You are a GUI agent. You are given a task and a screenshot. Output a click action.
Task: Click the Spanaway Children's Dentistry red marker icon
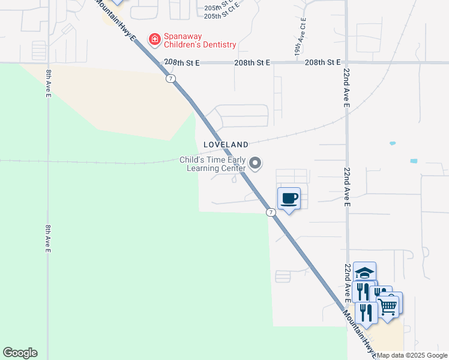[154, 40]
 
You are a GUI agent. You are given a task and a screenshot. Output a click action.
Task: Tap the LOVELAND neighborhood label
[226, 145]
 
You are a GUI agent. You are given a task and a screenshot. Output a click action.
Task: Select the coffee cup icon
[289, 198]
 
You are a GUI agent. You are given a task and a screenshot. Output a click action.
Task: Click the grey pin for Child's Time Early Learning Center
[256, 163]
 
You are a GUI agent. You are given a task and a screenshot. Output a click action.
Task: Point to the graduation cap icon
[364, 272]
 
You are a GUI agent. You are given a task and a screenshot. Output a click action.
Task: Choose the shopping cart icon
[388, 305]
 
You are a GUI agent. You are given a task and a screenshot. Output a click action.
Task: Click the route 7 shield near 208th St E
[171, 79]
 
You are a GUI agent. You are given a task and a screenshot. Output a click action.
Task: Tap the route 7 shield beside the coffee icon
[271, 212]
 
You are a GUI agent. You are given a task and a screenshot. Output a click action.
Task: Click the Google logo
[20, 353]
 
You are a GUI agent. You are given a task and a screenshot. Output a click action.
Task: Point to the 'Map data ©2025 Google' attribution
[412, 355]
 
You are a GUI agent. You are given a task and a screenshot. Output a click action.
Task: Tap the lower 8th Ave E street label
[49, 239]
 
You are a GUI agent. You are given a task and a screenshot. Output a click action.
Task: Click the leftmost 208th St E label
[181, 62]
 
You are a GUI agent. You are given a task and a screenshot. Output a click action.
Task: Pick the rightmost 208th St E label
[322, 62]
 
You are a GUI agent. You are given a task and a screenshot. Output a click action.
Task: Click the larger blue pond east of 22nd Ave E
[414, 161]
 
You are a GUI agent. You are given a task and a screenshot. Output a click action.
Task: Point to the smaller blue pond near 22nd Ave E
[393, 143]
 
